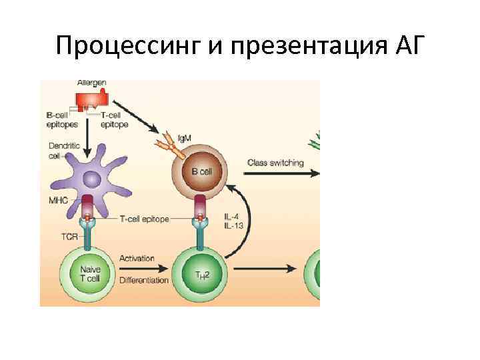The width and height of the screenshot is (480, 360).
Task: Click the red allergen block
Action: [91, 100]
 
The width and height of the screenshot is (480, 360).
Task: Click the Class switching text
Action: [275, 162]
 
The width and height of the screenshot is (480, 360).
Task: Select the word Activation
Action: [137, 258]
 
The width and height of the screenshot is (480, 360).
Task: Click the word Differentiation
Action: [144, 280]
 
